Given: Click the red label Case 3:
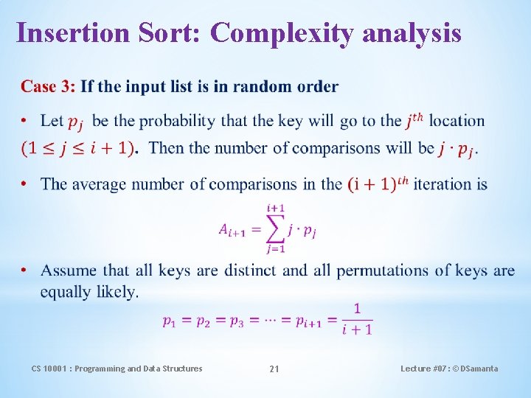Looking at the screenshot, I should (48, 87).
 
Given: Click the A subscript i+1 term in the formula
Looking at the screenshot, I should (233, 229).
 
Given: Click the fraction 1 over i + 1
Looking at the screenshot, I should (357, 319).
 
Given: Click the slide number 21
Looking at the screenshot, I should (274, 369).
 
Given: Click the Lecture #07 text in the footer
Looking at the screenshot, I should (423, 369).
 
